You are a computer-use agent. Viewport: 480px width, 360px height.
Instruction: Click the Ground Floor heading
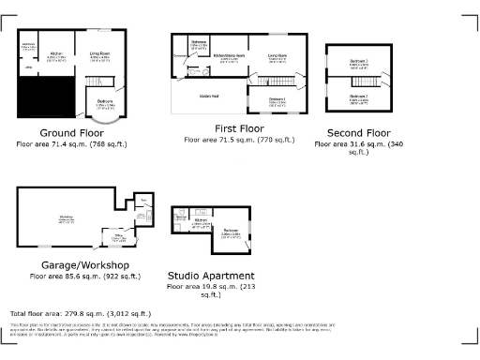point(71,133)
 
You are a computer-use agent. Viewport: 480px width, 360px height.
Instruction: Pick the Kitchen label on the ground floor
point(55,55)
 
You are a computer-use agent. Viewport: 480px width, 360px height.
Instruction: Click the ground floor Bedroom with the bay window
point(106,104)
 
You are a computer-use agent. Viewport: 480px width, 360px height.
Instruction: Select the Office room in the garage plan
point(117,238)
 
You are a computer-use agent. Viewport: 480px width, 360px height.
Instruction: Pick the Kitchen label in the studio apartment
point(200,222)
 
